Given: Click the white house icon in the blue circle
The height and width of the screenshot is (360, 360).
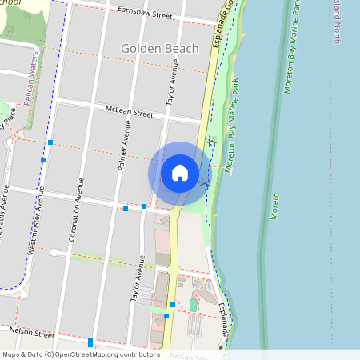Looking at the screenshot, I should tap(180, 173).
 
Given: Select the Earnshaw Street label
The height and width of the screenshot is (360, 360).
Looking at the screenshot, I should tap(145, 14).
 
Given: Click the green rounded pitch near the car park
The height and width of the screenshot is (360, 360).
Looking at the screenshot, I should tap(193, 306).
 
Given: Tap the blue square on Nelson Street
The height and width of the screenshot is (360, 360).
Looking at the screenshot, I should tap(90, 342).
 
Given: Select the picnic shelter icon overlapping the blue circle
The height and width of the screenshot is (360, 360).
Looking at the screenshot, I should tap(210, 142).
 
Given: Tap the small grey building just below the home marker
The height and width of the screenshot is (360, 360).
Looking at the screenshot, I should tap(164, 218).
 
